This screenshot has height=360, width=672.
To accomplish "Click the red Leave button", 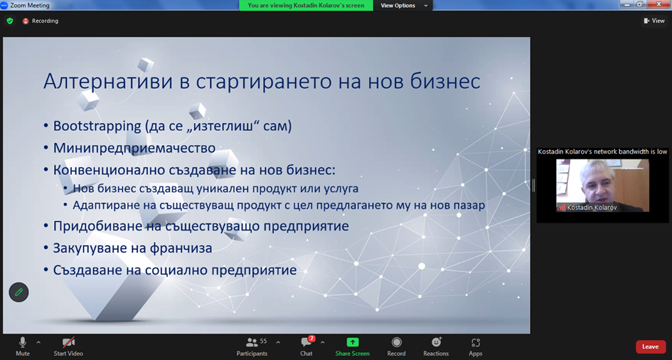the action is click(650, 346).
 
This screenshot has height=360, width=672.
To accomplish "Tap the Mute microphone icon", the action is click(22, 342).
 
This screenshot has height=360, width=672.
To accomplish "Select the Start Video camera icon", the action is click(68, 342).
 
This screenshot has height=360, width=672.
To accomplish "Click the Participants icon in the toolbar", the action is click(252, 342).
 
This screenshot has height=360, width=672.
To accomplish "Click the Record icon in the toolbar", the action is click(396, 342).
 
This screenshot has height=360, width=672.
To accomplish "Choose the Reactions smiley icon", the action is click(437, 342).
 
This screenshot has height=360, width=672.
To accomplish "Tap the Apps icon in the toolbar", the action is click(475, 342).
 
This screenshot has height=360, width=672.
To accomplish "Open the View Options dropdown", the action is click(404, 6).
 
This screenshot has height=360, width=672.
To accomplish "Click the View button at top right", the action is click(654, 21).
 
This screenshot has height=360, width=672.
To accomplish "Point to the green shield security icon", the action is click(10, 21).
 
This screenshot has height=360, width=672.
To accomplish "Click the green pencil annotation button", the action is click(19, 292).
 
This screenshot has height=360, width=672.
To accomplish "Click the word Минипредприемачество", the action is click(134, 148).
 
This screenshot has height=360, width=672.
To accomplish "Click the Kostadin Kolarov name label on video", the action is click(592, 208).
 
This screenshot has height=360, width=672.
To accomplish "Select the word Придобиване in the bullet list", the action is click(95, 226).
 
